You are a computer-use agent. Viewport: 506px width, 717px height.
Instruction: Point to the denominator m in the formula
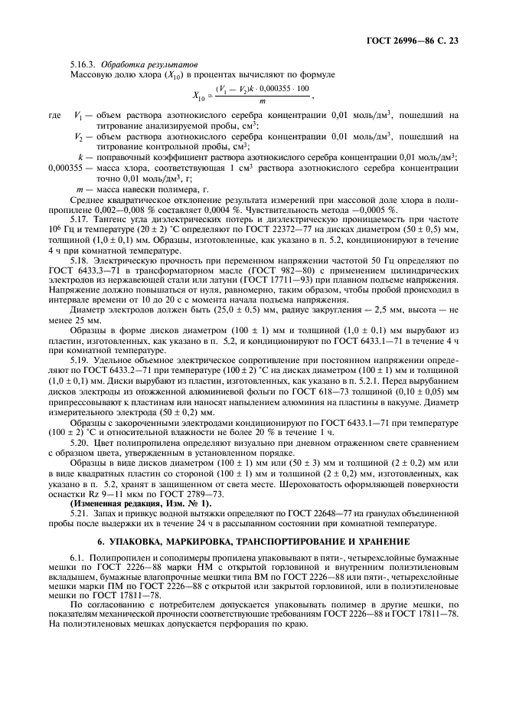click(263, 100)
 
